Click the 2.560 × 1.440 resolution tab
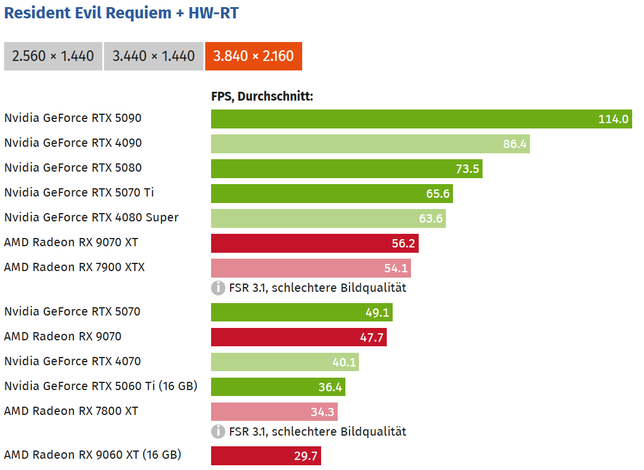tap(53, 56)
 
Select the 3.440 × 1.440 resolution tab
tap(154, 56)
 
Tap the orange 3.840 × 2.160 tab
tap(254, 56)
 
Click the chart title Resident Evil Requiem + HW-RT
tap(121, 13)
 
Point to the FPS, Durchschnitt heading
tap(262, 96)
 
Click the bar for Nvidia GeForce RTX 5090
tap(421, 119)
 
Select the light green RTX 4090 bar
tap(370, 144)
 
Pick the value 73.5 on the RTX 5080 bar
tap(467, 169)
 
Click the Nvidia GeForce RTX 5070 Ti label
tap(79, 192)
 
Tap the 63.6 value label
tap(431, 218)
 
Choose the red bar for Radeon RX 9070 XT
tap(315, 243)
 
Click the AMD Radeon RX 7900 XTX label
tap(75, 267)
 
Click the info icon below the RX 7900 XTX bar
tap(218, 288)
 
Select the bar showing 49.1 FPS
tap(302, 313)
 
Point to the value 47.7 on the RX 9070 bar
tap(372, 337)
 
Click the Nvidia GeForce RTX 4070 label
tap(73, 361)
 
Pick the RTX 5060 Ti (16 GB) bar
tap(278, 387)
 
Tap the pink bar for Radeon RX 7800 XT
tap(274, 412)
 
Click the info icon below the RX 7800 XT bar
tap(218, 432)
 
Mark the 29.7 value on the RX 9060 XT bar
tap(306, 456)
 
